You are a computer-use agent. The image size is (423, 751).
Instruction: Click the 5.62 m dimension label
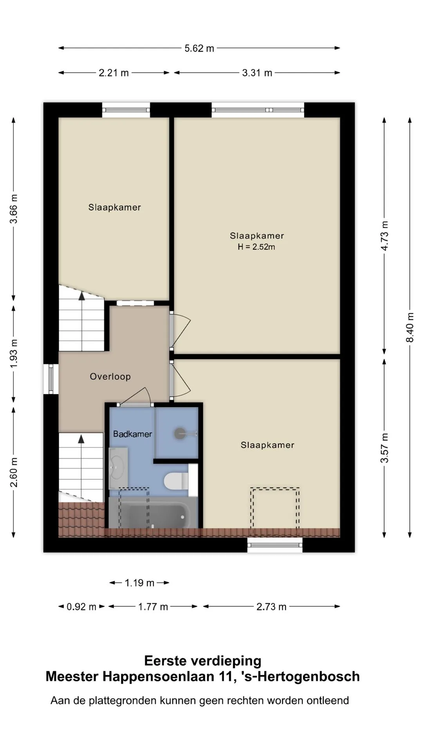tap(199, 49)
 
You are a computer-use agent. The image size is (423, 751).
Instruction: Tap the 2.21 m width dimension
tap(114, 73)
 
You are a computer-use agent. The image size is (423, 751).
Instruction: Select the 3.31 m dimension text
tap(257, 73)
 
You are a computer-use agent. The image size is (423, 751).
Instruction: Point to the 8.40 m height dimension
tap(410, 327)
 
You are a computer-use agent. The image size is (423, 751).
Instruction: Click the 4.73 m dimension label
tap(385, 236)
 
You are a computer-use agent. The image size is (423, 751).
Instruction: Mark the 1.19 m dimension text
tap(139, 583)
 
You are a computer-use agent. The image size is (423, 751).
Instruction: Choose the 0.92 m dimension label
tap(81, 607)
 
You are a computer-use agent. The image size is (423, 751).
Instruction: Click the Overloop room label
tap(110, 377)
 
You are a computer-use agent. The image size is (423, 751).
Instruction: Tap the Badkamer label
tap(132, 434)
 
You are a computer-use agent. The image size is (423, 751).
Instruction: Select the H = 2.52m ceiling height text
tap(257, 247)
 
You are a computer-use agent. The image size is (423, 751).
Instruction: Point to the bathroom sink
tap(118, 467)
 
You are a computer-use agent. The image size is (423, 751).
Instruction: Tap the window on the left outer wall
tap(51, 379)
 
